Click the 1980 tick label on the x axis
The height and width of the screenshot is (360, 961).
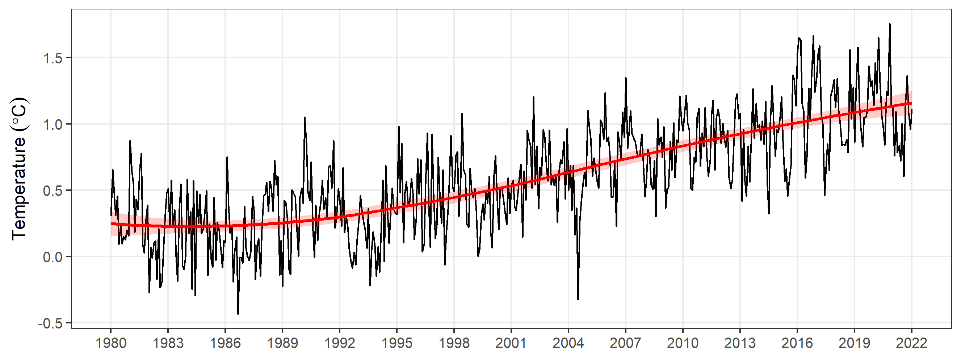click(111, 343)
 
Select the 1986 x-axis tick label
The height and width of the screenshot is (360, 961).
click(225, 343)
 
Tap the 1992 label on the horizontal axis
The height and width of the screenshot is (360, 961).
click(340, 343)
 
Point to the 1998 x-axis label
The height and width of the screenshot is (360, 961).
click(454, 343)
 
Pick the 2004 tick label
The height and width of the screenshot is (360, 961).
click(568, 343)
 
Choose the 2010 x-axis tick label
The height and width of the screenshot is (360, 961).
click(683, 343)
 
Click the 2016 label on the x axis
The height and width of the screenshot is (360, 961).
click(797, 343)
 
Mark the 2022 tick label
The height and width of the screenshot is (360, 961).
click(911, 343)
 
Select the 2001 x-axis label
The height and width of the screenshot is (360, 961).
click(511, 343)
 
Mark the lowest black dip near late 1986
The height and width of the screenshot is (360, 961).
click(238, 313)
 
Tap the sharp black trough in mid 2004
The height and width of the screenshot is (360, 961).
click(578, 299)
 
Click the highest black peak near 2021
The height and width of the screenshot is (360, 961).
click(890, 24)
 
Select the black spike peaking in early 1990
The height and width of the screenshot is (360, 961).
click(305, 118)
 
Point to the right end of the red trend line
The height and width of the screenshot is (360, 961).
click(911, 103)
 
